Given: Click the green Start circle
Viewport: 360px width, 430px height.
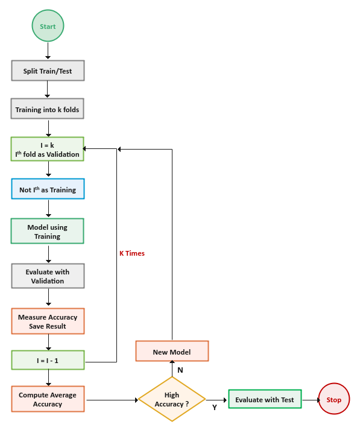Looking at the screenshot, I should point(48,27).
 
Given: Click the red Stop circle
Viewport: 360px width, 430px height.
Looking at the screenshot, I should point(333,399).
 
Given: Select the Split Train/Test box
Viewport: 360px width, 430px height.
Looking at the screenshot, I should point(48,71).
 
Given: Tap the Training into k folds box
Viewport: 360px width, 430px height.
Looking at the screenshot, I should point(48,110).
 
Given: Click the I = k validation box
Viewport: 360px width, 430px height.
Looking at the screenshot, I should point(48,150).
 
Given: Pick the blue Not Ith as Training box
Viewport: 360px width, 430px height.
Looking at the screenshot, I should point(48,189).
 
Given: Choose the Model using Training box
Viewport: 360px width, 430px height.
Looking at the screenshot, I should point(48,232).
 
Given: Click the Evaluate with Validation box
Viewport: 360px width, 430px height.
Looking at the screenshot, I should point(48,276).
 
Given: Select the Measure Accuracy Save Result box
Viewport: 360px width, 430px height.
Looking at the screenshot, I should point(48,321).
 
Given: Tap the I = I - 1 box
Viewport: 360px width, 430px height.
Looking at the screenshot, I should point(48,361).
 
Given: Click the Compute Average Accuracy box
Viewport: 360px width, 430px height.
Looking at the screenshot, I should point(48,399).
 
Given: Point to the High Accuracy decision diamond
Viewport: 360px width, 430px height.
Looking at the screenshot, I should point(172,399).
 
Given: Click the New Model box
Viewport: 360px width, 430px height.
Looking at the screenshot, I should point(172,352).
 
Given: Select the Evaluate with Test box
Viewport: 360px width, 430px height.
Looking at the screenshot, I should point(264,399).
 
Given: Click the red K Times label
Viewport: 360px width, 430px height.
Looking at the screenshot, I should point(131,253).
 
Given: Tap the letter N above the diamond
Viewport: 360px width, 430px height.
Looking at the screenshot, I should point(180,370).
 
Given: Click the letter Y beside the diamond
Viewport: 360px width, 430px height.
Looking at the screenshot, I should point(215,408).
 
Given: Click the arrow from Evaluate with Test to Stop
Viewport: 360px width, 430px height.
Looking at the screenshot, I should point(309,399).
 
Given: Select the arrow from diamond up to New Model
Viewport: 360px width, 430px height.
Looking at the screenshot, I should point(172,369).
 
